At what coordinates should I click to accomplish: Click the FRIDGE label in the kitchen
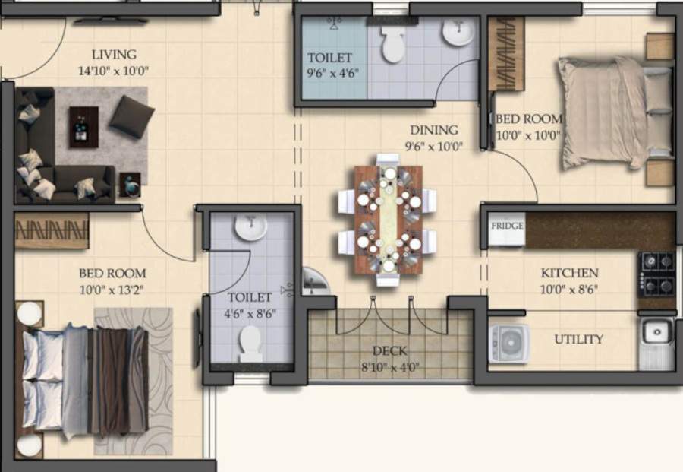(x=506, y=226)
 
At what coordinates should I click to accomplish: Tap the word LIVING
(x=114, y=55)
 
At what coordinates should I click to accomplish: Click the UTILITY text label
(x=579, y=339)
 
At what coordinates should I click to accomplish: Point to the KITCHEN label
(x=569, y=273)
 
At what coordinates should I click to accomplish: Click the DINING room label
(x=434, y=130)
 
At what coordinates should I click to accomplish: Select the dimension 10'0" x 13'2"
(x=112, y=290)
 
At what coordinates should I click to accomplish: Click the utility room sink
(x=656, y=331)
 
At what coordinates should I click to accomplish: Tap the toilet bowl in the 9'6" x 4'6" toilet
(x=393, y=46)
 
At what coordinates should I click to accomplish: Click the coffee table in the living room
(x=83, y=126)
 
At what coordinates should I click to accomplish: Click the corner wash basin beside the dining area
(x=313, y=281)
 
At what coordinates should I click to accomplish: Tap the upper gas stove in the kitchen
(x=656, y=261)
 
